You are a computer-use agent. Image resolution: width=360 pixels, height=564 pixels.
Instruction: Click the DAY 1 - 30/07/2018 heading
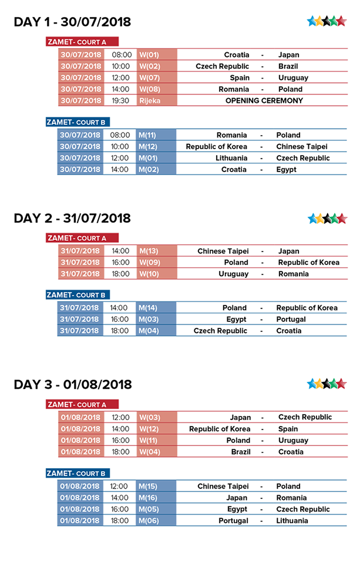click(x=72, y=22)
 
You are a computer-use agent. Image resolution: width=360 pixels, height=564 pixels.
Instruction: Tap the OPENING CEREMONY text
click(x=264, y=100)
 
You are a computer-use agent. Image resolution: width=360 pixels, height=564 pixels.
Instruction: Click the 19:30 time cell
click(x=121, y=100)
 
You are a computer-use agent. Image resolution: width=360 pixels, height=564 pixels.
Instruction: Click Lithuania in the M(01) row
click(x=231, y=158)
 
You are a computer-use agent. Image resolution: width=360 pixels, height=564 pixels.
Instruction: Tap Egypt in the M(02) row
click(x=286, y=169)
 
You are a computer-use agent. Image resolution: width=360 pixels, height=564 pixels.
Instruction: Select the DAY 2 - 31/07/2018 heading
click(x=72, y=219)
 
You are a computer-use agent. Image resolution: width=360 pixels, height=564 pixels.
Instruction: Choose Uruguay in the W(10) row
click(x=234, y=274)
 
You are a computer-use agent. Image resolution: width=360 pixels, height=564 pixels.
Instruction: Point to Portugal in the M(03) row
click(x=291, y=319)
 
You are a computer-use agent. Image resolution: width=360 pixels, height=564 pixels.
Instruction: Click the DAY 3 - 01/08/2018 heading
click(x=72, y=385)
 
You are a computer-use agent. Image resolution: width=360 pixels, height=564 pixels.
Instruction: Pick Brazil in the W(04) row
click(x=241, y=452)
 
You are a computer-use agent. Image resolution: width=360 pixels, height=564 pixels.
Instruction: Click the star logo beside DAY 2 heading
click(x=327, y=219)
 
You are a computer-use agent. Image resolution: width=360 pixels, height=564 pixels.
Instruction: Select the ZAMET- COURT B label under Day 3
click(x=78, y=473)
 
